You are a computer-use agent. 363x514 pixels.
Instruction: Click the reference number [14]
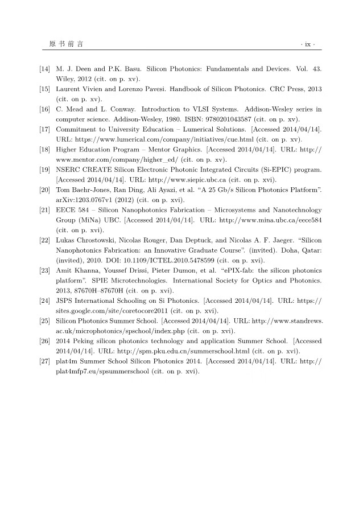click(44, 69)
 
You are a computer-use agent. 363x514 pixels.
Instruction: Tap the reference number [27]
click(44, 361)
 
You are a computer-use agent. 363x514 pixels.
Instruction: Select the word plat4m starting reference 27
click(68, 361)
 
